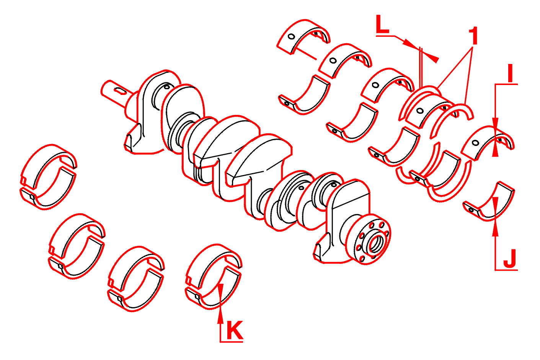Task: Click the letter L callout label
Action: (x=383, y=24)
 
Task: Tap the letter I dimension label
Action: (x=510, y=73)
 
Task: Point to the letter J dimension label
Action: (x=510, y=259)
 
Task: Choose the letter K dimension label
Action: (x=235, y=331)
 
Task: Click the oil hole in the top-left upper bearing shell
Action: (x=292, y=37)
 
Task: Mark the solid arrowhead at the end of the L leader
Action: (x=431, y=57)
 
